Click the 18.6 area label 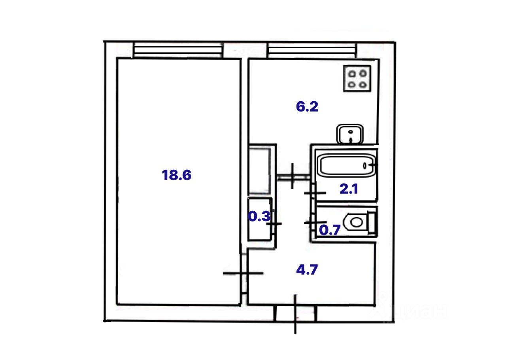point(176,175)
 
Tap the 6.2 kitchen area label point(307,107)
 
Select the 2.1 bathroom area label point(349,189)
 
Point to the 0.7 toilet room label point(329,230)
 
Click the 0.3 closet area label point(259,216)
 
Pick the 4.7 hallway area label point(307,270)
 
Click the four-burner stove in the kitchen point(357,78)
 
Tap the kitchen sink point(350,134)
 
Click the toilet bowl point(356,222)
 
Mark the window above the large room point(177,51)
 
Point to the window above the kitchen point(312,51)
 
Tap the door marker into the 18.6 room point(243,273)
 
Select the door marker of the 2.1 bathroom point(315,193)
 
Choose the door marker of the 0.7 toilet point(315,223)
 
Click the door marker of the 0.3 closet point(274,224)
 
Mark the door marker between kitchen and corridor point(292,176)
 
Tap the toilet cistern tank point(372,222)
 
